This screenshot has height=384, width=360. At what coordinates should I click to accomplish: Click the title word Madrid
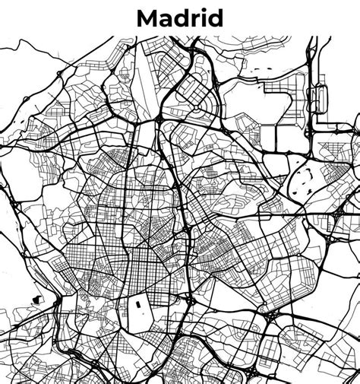(180, 17)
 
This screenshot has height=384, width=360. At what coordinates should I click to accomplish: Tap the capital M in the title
(147, 17)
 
